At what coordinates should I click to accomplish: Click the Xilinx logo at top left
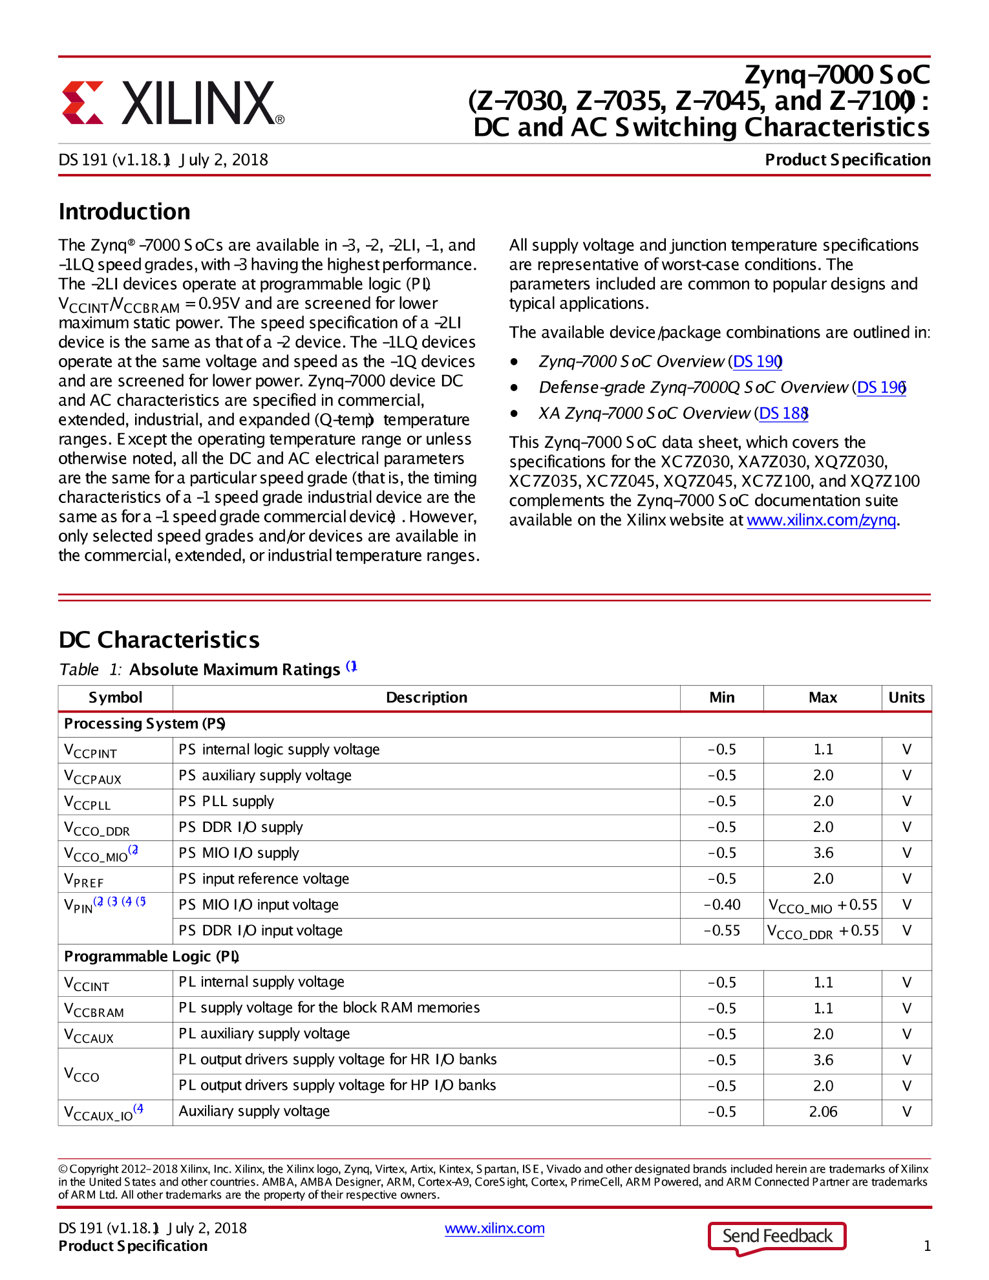coord(173,103)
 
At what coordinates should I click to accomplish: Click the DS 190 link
coord(757,361)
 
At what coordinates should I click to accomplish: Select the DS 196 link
coord(881,387)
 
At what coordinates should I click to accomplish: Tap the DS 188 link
coord(783,413)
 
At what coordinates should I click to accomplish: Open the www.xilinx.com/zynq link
coord(821,520)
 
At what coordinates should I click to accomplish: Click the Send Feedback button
coord(777,1236)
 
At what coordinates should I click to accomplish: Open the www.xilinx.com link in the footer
coord(494,1228)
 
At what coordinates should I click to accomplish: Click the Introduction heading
coord(125,211)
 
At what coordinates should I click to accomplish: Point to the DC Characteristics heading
coord(159,639)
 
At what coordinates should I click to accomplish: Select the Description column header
coord(426,698)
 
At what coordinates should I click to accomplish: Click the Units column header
coord(906,698)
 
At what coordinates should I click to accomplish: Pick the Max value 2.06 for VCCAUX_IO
coord(823,1112)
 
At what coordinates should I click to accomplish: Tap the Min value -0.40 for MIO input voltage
coord(722,904)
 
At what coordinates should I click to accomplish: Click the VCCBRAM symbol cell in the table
coord(94,1009)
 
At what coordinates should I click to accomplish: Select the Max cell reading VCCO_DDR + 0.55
coord(823,931)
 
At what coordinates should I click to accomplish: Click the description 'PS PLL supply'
coord(226,802)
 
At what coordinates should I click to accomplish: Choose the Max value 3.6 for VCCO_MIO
coord(823,853)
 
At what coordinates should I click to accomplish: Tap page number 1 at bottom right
coord(927,1246)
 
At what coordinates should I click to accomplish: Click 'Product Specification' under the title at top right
coord(847,160)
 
